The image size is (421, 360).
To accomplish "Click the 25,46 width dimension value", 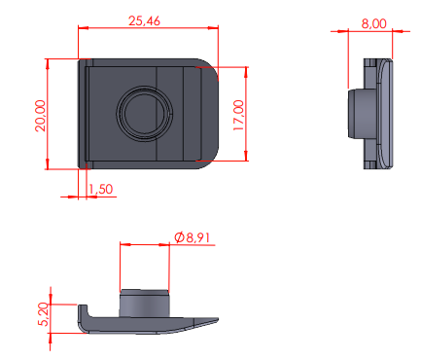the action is [144, 21].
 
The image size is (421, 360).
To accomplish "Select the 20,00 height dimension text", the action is [41, 116].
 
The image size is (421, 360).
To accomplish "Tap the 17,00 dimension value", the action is [238, 116].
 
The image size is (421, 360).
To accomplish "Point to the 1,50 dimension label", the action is [101, 189].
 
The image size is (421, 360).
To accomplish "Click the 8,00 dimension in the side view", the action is [373, 23].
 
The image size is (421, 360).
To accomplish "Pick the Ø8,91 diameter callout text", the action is [192, 237].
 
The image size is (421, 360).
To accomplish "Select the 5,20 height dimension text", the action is [44, 314].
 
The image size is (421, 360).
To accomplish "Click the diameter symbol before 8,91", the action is [179, 237].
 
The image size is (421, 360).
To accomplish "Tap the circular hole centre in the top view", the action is [144, 113].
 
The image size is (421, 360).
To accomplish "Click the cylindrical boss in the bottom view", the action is [145, 304].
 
